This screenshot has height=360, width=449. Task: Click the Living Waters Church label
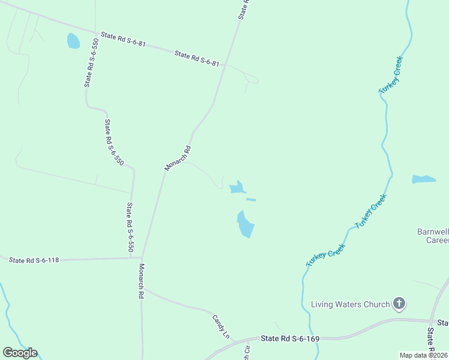click(350, 304)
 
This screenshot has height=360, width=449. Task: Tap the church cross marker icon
click(399, 304)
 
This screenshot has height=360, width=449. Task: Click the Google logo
click(20, 353)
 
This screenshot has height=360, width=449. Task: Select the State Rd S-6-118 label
click(34, 260)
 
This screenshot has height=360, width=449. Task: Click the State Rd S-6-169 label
click(290, 339)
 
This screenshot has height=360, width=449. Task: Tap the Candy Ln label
click(221, 326)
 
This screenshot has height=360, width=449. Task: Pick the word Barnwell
click(433, 232)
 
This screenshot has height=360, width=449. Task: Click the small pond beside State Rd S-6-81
click(73, 41)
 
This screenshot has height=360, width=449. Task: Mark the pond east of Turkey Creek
click(423, 179)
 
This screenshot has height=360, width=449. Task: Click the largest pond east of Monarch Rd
click(245, 224)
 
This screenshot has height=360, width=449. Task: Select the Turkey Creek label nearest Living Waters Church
click(325, 255)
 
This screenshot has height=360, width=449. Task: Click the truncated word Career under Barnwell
click(437, 241)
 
